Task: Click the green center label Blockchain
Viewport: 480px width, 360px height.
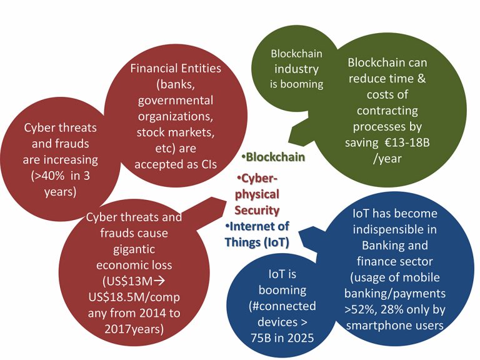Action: pyautogui.click(x=275, y=157)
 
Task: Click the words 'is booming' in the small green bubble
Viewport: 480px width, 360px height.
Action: pyautogui.click(x=296, y=84)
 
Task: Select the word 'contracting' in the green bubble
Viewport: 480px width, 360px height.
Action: pyautogui.click(x=387, y=111)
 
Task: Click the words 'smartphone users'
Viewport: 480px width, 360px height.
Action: pyautogui.click(x=394, y=325)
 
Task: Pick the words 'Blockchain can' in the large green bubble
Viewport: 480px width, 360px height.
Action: pyautogui.click(x=387, y=63)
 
